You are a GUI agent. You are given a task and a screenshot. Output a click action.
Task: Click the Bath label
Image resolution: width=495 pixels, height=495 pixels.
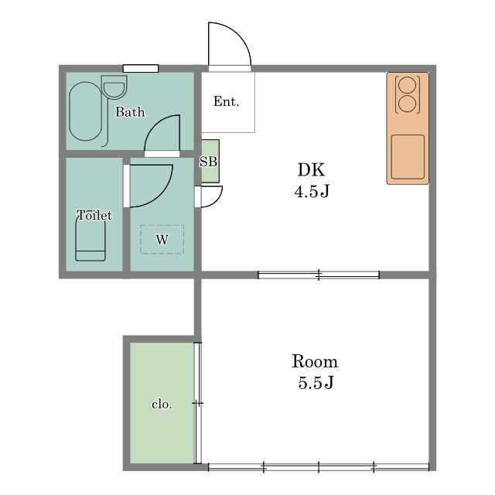130,111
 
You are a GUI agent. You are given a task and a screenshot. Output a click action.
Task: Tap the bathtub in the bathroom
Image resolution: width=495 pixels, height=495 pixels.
86,111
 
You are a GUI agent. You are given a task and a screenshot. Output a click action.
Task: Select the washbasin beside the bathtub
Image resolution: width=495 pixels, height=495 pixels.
114,87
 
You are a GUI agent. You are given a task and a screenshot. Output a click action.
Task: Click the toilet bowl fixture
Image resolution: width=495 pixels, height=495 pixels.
90,239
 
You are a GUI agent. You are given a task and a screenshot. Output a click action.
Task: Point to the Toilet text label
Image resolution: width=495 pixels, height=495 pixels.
94,215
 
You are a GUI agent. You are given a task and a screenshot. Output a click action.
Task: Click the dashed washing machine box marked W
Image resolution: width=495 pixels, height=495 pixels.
162,239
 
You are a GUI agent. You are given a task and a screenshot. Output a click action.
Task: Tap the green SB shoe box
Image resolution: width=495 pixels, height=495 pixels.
210,161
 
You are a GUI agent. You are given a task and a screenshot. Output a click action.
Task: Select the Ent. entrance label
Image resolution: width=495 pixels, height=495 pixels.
226,101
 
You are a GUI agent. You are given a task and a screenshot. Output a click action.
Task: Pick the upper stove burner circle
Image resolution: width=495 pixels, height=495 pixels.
408,85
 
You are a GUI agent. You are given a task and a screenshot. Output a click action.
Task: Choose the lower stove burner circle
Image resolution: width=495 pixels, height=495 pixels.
408,104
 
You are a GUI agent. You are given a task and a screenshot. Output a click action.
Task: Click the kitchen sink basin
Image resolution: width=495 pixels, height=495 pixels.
408,157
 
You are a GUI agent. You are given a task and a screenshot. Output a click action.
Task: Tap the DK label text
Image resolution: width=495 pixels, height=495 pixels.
311,170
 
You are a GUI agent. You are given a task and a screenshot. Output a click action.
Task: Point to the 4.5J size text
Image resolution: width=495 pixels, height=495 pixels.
312,191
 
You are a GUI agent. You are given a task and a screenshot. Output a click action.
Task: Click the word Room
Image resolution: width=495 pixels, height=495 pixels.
315,361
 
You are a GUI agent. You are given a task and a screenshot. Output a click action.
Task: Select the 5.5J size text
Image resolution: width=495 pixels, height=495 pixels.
316,383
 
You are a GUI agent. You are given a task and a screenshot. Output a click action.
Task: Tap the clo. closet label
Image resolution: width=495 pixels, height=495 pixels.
162,404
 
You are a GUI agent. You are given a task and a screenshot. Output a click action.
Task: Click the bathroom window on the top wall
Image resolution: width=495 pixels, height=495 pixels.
141,69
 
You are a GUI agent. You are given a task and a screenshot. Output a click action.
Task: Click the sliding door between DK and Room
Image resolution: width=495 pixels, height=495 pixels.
319,275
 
